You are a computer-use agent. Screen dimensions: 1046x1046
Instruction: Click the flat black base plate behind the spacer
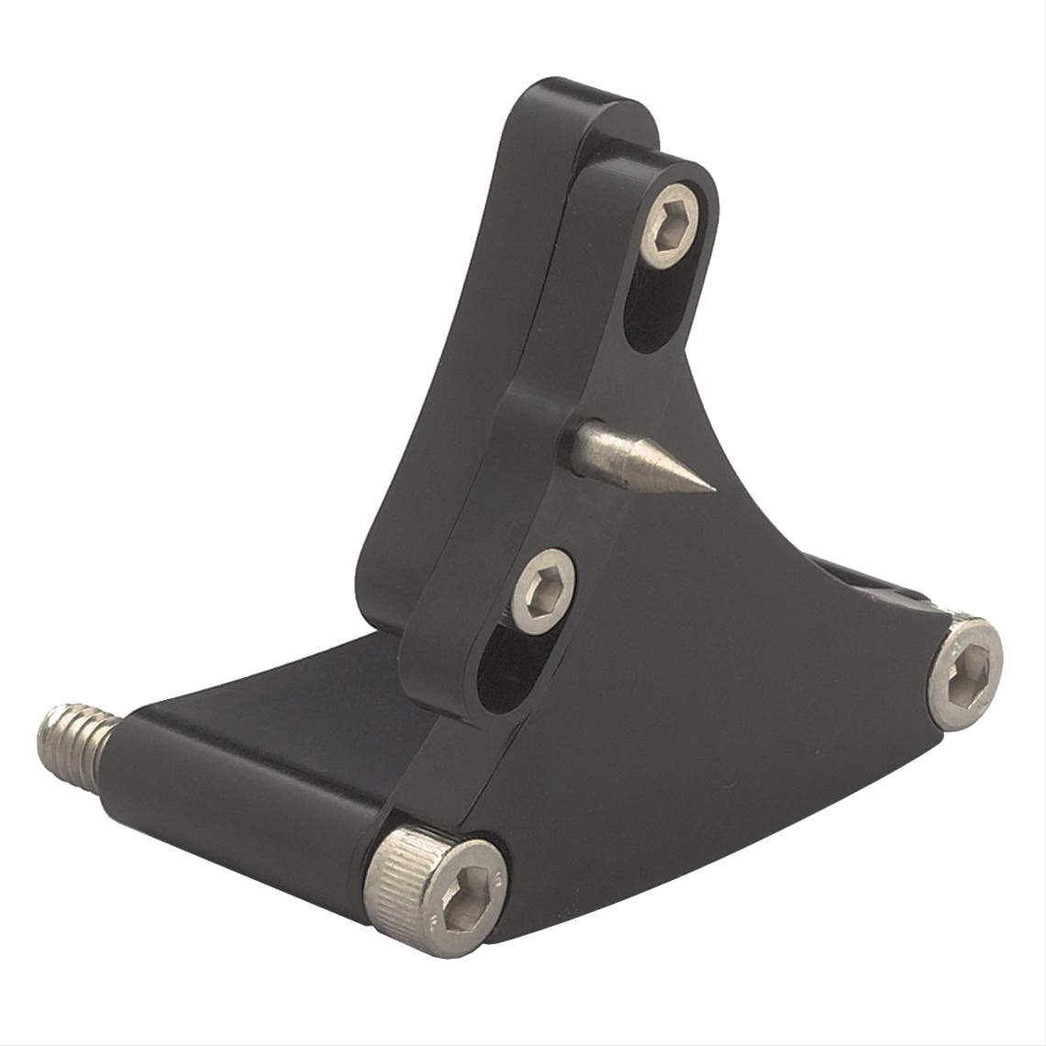[303, 679]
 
